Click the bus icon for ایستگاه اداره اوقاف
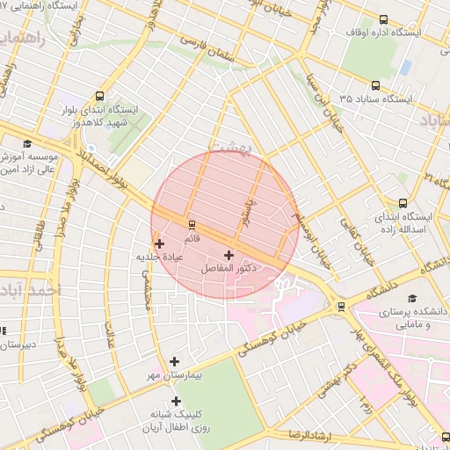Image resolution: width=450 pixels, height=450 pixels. pos(382,18)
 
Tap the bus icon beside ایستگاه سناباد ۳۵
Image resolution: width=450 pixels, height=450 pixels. pos(375,86)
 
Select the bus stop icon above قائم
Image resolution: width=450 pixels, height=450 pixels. pos(192,224)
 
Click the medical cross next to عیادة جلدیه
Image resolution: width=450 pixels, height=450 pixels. pos(159,244)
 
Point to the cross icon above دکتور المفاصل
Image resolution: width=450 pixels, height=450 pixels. pos(229,254)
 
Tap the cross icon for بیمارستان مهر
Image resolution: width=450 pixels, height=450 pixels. pos(174,361)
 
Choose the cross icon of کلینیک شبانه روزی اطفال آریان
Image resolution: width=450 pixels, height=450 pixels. pos(176,401)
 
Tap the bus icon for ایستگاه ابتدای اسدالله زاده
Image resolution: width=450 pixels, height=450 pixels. pos(403,203)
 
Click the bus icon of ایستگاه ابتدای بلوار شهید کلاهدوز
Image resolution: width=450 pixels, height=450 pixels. pos(98,96)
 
